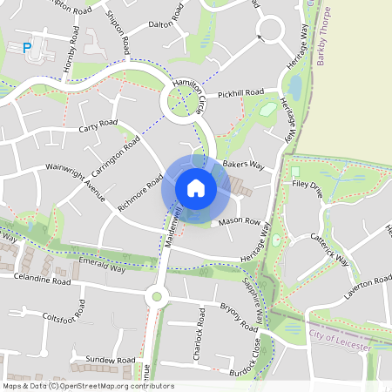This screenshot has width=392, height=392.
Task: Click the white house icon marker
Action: click(195, 187)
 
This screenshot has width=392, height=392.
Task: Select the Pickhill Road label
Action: click(240, 92)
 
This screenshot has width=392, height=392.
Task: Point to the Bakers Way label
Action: click(243, 163)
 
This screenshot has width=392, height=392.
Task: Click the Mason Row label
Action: click(240, 222)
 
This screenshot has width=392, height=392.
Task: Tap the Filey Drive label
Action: click(308, 185)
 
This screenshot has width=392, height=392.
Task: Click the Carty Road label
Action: click(98, 127)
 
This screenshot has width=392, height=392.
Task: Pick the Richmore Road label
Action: click(140, 193)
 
